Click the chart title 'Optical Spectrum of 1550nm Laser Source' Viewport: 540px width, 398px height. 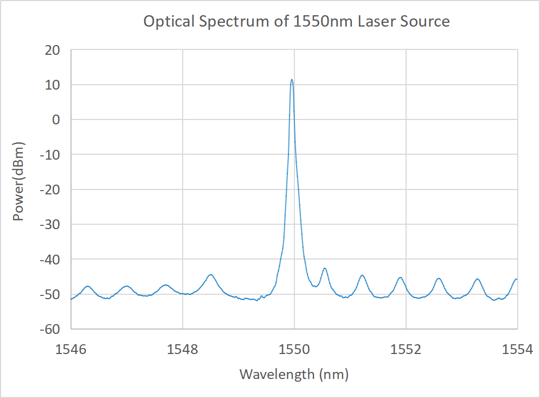coord(296,22)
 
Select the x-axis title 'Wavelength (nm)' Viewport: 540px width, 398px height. coord(294,374)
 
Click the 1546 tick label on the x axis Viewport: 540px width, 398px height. coord(71,350)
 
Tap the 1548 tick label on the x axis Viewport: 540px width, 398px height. coord(183,350)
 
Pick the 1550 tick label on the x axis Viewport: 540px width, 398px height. coord(294,350)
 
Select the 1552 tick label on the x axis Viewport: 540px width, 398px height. coord(406,350)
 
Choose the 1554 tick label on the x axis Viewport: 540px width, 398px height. coord(517,350)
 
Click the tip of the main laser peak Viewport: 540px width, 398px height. coord(292,79)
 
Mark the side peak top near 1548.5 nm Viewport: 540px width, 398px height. coord(210,275)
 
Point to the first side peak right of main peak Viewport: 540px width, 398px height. coord(324,268)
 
